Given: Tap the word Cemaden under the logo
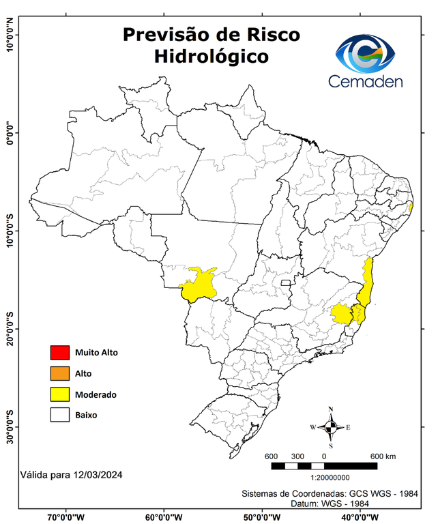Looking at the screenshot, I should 366,81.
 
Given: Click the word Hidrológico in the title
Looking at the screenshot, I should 211,56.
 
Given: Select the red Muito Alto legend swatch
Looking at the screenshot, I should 60,353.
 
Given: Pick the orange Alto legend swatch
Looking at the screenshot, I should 60,373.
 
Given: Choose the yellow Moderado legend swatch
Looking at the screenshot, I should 60,394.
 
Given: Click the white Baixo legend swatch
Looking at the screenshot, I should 60,415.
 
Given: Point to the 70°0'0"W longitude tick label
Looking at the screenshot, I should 66,516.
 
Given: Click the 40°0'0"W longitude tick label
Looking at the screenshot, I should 362,516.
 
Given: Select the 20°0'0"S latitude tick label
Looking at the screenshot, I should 10,329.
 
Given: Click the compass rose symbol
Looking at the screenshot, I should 331,428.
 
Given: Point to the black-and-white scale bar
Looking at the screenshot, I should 324,466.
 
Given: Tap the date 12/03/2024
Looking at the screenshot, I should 96,473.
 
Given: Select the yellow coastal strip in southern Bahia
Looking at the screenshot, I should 368,280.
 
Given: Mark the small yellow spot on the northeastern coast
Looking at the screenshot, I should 410,207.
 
